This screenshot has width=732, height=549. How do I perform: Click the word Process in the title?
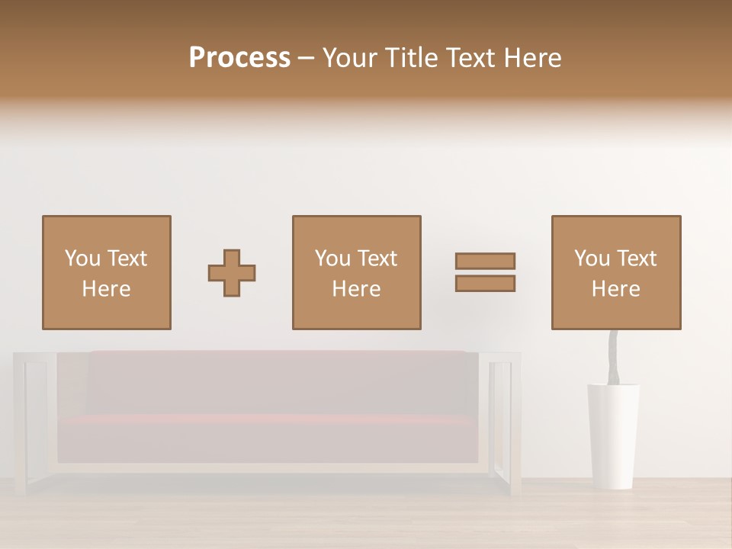[239, 58]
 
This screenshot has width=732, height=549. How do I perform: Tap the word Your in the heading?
[351, 58]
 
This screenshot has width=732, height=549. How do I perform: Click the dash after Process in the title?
[306, 59]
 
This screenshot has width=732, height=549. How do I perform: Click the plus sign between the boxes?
[232, 273]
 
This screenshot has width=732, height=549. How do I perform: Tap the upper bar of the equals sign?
[485, 261]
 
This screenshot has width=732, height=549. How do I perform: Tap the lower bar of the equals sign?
[485, 284]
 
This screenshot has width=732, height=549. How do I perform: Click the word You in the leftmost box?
[82, 258]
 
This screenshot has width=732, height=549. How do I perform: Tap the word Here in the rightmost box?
[615, 289]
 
